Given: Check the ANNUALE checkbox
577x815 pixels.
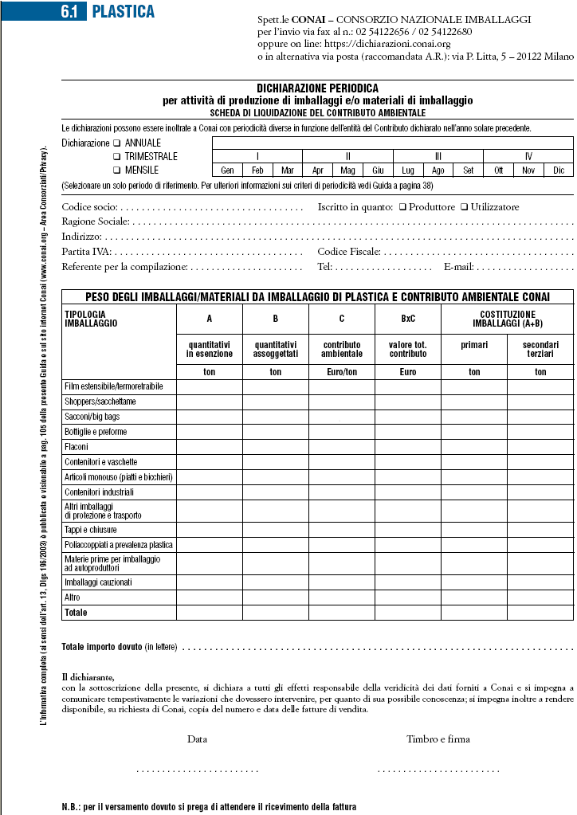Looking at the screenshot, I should (x=116, y=143).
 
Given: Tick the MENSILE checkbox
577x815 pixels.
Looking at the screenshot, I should (x=116, y=170).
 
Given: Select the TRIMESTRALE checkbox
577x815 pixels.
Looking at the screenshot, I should (x=116, y=157).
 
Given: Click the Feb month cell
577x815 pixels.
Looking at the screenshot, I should (x=257, y=170).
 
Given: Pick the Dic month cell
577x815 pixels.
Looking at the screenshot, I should (x=559, y=170).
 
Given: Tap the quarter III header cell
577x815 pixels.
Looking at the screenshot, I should (x=438, y=156).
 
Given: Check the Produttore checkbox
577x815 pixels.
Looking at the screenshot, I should (x=402, y=207).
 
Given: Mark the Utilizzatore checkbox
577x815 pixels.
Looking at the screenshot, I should (x=465, y=207).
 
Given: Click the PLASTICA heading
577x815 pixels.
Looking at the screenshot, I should (x=124, y=12).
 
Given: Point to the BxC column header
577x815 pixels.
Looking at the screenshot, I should (x=408, y=319).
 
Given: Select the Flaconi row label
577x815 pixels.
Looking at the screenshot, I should (x=77, y=447).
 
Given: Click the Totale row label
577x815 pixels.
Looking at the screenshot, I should (x=77, y=613).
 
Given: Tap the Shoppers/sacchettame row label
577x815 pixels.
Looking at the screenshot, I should (x=100, y=402).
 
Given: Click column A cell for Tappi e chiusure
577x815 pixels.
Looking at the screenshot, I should (x=209, y=530).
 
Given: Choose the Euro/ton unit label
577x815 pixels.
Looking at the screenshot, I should (x=342, y=372).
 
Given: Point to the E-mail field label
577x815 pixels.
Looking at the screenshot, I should (x=459, y=267).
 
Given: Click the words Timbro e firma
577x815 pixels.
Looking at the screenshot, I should (x=438, y=739).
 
